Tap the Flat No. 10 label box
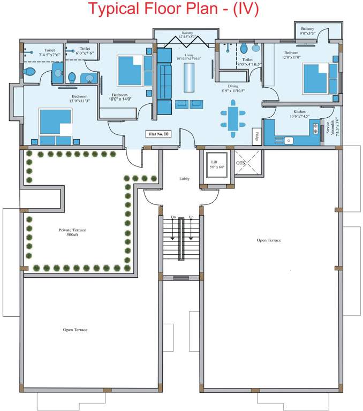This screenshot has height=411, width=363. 158,134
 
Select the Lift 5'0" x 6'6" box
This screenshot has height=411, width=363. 218,164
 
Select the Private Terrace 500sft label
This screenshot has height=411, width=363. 72,232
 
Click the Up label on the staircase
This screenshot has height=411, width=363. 191,217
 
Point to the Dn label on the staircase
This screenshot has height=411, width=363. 173,217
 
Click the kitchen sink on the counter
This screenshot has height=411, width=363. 289,140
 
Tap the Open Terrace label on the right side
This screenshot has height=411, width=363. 269,240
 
